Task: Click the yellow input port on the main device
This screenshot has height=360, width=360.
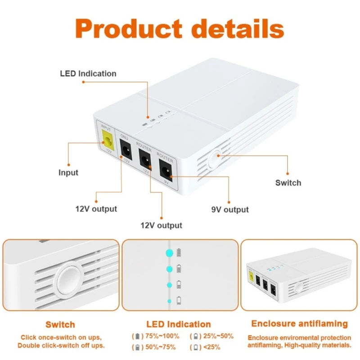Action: point(108,140)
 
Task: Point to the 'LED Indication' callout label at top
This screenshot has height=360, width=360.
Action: point(88,73)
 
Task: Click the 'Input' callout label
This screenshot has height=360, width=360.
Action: point(68,172)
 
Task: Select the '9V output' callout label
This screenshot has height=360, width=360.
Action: point(229,209)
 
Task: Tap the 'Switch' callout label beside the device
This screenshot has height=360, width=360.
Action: point(288,183)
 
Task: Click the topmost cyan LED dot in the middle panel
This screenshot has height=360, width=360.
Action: point(170,252)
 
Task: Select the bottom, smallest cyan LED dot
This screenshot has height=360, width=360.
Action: point(170,301)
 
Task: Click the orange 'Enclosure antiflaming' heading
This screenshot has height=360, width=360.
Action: point(299,324)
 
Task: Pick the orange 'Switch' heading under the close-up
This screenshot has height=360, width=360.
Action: point(60,324)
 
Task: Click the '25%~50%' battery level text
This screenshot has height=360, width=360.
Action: point(218,336)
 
